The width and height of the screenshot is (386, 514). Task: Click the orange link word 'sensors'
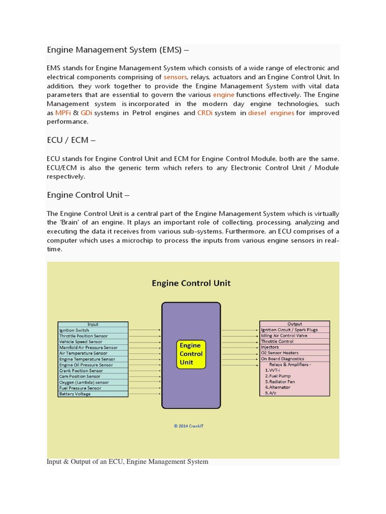(x=175, y=77)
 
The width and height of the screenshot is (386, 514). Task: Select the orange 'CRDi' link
(x=205, y=113)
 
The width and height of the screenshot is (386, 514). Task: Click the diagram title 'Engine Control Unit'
(x=191, y=283)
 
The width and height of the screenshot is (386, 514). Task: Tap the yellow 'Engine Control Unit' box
(x=190, y=354)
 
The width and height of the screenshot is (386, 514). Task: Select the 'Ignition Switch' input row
(x=93, y=330)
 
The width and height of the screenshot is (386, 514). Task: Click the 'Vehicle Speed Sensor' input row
(x=93, y=342)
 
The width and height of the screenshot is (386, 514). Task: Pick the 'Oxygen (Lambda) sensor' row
(x=93, y=382)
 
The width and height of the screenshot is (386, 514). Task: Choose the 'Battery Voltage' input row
(x=93, y=394)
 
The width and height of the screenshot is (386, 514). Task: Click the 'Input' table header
(x=93, y=324)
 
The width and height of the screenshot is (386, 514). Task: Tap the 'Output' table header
(x=295, y=324)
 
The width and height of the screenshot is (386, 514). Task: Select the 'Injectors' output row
(x=295, y=347)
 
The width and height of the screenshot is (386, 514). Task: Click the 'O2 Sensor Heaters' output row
(x=295, y=353)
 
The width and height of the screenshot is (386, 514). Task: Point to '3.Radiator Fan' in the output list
(x=280, y=381)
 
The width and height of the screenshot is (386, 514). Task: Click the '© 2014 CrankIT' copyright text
(x=189, y=426)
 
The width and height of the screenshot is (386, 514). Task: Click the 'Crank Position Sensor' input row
(x=93, y=371)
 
